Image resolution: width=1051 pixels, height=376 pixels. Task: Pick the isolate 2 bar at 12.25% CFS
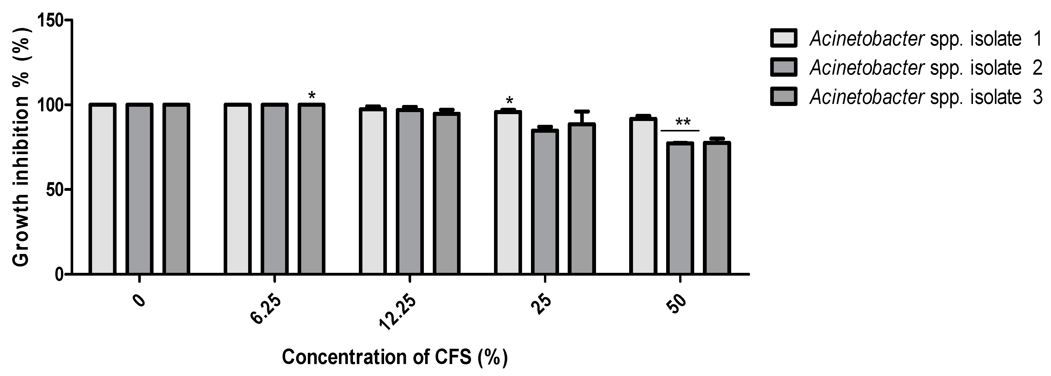pos(410,192)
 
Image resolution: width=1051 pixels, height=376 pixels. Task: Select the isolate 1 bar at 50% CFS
pos(643,196)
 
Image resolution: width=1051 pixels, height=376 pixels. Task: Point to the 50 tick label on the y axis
pos(54,190)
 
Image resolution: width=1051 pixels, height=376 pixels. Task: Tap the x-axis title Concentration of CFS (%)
pos(395,357)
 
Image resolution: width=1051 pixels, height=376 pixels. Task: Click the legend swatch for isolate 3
pos(783,97)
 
